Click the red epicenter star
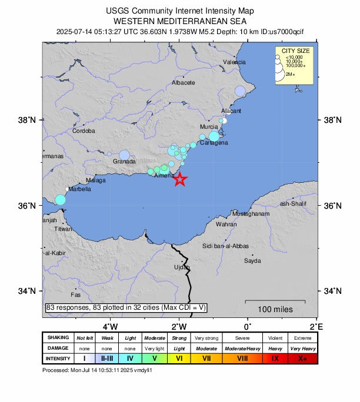[180, 180]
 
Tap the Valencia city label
[234, 62]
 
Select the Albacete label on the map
[183, 83]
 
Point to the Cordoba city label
[83, 131]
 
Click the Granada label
[124, 161]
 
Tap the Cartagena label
[214, 143]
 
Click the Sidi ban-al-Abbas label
[225, 246]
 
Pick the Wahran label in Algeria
[226, 225]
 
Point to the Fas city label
[75, 294]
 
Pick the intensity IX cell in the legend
[275, 358]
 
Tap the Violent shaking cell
[275, 338]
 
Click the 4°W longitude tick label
[110, 326]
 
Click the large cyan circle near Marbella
[60, 200]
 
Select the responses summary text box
[126, 307]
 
